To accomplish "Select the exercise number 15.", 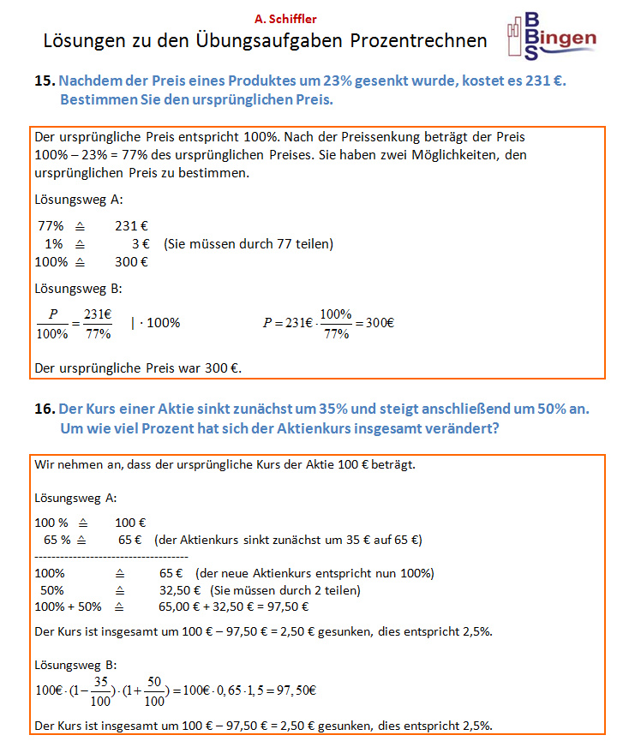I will [45, 81].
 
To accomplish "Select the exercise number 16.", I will [45, 409].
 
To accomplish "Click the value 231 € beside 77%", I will [131, 226].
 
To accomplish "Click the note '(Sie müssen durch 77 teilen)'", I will [248, 244].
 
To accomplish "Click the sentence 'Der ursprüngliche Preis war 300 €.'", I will [138, 368].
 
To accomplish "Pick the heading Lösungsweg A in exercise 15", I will [78, 200].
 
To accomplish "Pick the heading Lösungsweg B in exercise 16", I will [76, 665].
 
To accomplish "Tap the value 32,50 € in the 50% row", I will [179, 590].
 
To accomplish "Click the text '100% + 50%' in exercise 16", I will [68, 607].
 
